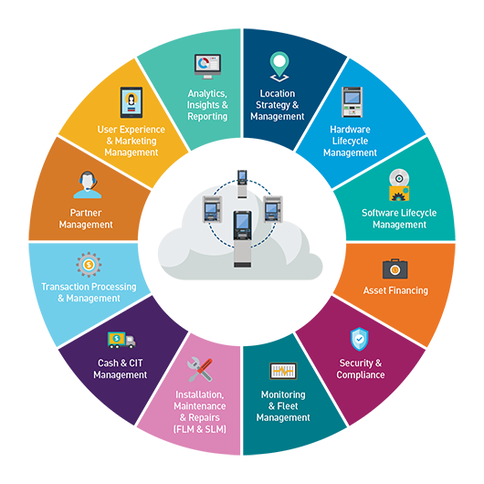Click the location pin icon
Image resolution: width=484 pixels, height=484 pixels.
[279, 67]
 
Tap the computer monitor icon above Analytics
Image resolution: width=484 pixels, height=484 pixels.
[207, 67]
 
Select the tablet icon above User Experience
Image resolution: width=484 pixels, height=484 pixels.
[132, 102]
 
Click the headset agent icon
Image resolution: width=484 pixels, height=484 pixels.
[88, 184]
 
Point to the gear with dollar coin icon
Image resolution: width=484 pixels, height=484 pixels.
[89, 265]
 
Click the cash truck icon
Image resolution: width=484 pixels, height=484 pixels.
[121, 340]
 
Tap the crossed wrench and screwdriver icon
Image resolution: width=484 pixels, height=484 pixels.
[200, 370]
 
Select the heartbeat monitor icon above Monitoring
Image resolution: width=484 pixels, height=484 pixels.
[283, 371]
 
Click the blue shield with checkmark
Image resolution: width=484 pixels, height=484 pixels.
[359, 339]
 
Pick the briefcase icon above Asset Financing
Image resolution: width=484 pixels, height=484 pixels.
[395, 268]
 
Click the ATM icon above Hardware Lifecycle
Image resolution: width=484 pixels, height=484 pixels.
[352, 102]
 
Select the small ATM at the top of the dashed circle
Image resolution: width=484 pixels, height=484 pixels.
[242, 184]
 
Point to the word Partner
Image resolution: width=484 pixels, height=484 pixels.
[86, 213]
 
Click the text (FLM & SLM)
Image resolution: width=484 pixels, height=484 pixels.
[200, 429]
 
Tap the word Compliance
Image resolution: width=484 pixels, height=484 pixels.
[361, 374]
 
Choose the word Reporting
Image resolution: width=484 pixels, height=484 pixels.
[207, 116]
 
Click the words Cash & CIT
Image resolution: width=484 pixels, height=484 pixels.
[121, 363]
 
